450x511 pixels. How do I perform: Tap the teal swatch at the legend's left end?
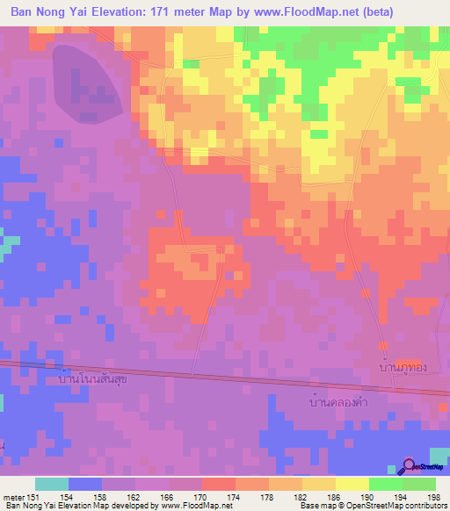click(x=52, y=484)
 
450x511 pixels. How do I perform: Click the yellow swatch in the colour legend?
click(x=352, y=484)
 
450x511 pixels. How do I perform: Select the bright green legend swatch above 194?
click(x=385, y=484)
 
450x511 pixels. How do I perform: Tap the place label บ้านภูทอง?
click(x=403, y=366)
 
